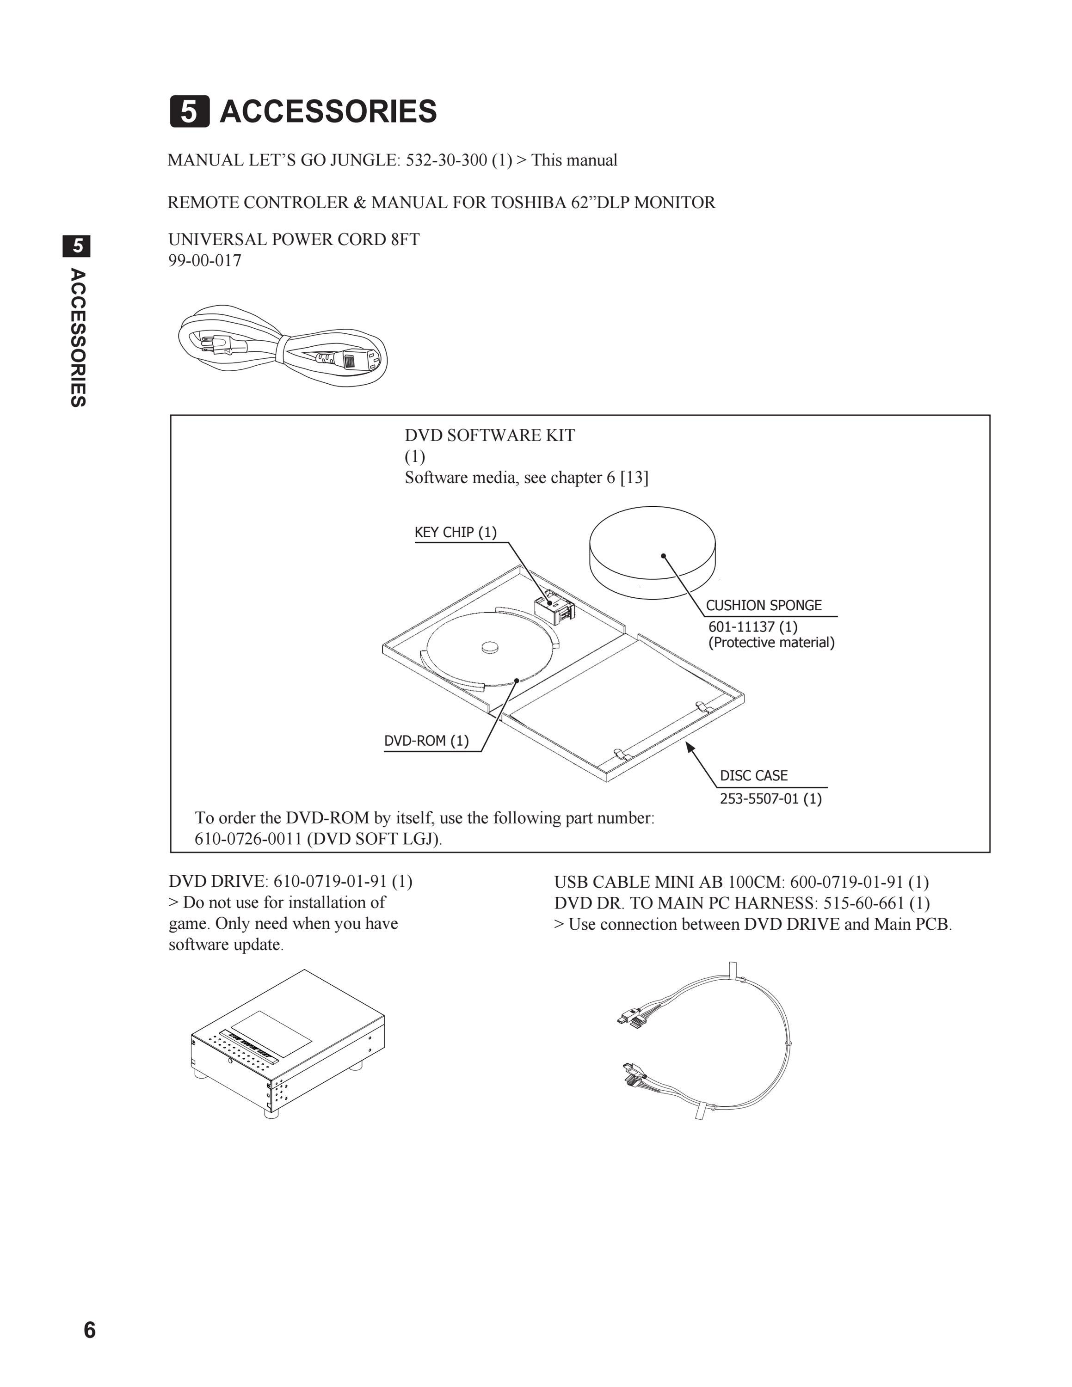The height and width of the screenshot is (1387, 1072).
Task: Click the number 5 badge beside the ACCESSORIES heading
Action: coord(189,112)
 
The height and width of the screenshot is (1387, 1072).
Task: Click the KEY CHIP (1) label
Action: coord(456,532)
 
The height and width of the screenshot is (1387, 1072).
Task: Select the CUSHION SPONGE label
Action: coord(764,605)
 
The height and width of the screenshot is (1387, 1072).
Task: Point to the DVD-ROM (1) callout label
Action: coord(426,741)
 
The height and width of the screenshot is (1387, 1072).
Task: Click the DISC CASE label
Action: coord(753,775)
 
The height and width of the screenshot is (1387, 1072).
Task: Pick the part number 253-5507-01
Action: coord(759,799)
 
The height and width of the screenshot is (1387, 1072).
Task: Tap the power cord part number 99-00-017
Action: coord(204,260)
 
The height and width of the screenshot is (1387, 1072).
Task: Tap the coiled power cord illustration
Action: coord(283,345)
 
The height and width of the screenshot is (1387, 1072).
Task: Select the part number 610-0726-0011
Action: coord(248,839)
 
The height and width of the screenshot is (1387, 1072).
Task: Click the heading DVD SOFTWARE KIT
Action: coord(490,436)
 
